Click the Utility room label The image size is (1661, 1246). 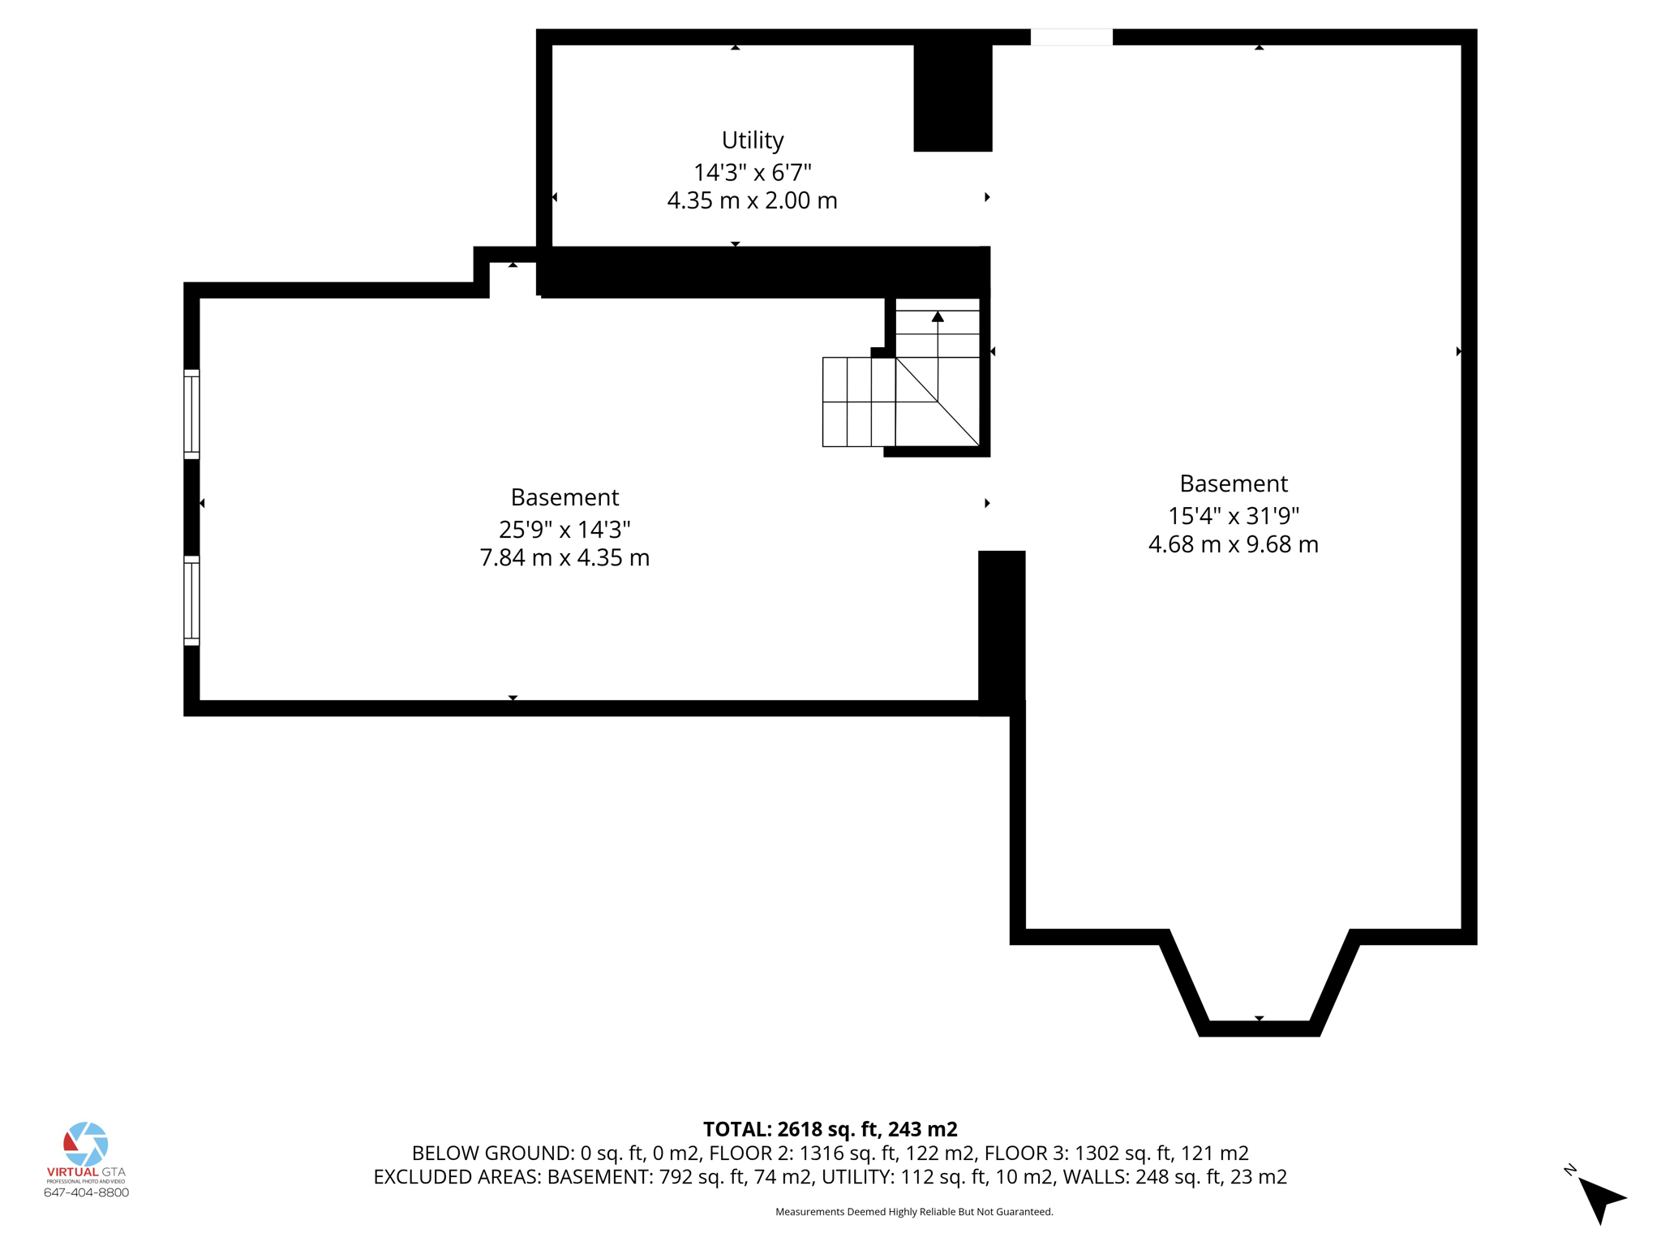pos(752,140)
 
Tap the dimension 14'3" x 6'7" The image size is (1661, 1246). pos(752,173)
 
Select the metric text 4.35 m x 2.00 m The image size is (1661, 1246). pos(752,200)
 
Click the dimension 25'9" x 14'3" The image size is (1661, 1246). pos(564,530)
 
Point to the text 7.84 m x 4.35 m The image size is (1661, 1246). pos(564,558)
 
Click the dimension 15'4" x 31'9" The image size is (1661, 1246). pos(1233,516)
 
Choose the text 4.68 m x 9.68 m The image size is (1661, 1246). pos(1233,544)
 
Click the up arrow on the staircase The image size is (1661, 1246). pos(938,317)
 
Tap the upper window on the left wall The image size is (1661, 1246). pos(192,415)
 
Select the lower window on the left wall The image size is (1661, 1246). pos(192,600)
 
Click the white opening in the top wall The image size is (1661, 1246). pos(1071,37)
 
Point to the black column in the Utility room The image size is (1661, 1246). pos(952,97)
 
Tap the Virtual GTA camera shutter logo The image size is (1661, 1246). pos(86,1144)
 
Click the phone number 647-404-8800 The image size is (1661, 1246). pos(86,1192)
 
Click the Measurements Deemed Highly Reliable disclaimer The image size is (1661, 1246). pos(914,1212)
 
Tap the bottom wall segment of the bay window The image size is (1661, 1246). pos(1259,1029)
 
